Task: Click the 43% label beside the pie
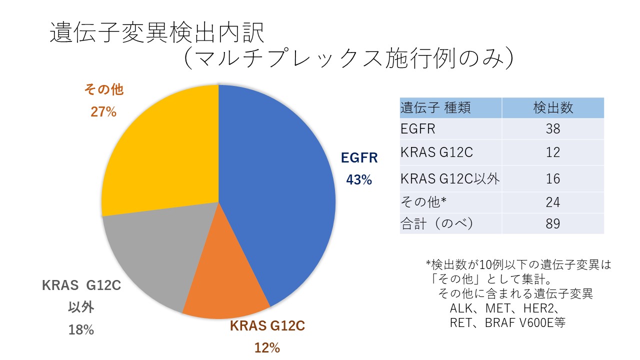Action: tap(359, 180)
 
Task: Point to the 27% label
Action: tap(103, 111)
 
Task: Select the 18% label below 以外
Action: tap(81, 330)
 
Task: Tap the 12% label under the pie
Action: tap(267, 348)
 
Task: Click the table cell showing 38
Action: tap(553, 129)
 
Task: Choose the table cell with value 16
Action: tap(553, 179)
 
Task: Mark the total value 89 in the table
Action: tap(553, 223)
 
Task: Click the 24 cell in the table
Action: tap(553, 202)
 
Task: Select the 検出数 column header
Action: tap(553, 107)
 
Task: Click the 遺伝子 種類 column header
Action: tap(435, 107)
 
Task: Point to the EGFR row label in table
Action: tap(417, 129)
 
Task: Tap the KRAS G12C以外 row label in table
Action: tap(450, 179)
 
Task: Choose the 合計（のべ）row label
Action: tap(437, 223)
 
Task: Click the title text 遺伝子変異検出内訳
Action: tap(157, 33)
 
